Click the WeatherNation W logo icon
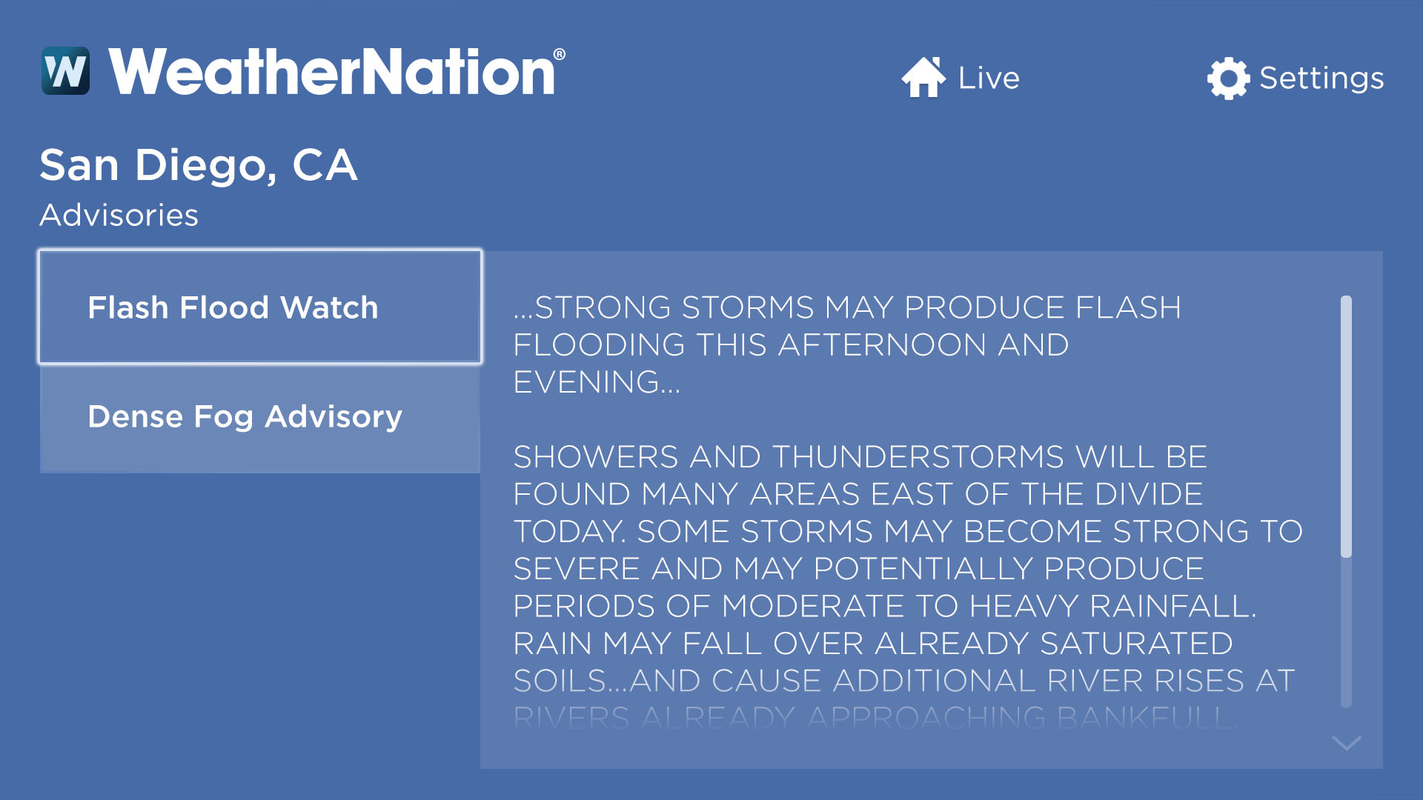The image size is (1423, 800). pos(65,71)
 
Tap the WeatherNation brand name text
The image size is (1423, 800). pos(331,72)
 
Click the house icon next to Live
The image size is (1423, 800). pos(923,77)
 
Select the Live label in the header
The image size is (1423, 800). pos(989,78)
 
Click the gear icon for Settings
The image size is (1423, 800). pos(1228,78)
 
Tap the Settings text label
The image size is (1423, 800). pos(1321,78)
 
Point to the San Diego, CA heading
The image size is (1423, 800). pos(199,164)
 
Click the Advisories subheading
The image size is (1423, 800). pos(119,215)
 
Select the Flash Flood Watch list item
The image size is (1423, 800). pos(260,307)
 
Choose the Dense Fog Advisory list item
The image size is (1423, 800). pos(260,417)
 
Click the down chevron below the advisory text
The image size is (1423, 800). pos(1346,742)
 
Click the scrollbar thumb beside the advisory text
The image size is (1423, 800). pos(1346,426)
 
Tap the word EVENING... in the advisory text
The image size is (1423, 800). pos(597,382)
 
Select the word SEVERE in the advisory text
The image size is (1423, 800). pos(577,569)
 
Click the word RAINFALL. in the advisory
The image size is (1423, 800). pos(1173,606)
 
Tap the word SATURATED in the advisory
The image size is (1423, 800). pos(1136,643)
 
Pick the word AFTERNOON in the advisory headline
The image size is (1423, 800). pos(882,345)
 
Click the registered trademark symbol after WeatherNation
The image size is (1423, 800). pos(560,55)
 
